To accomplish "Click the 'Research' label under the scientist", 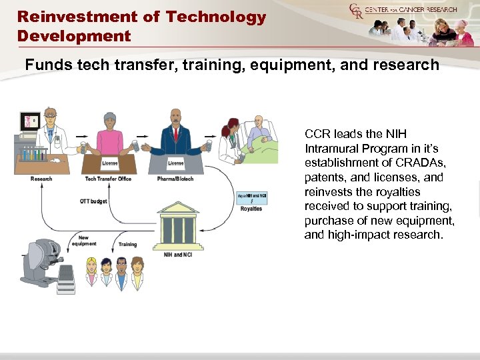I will click(x=41, y=179).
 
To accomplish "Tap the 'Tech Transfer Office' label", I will click(x=108, y=179).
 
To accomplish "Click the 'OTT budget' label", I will click(x=93, y=201).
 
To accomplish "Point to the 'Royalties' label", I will click(x=251, y=209).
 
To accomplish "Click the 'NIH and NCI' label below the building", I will click(x=177, y=255).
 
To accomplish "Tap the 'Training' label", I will click(x=127, y=245).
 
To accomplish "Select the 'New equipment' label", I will click(x=87, y=241).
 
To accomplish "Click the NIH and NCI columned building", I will click(x=177, y=228).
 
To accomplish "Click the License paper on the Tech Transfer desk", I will click(x=110, y=163).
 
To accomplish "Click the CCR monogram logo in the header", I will click(x=356, y=11).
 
